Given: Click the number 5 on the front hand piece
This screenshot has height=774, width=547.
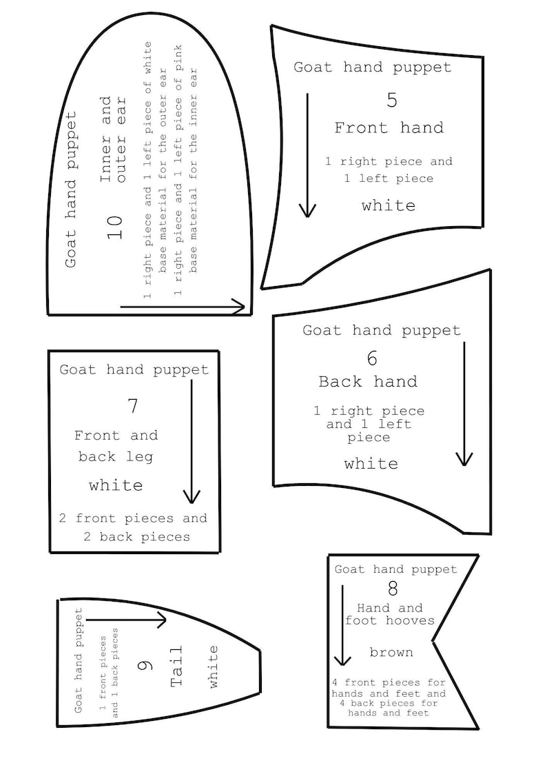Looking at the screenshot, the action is click(x=391, y=100).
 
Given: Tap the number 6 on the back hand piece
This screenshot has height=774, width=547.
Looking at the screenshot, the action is click(x=373, y=358).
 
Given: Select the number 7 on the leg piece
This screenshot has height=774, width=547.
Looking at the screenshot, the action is click(x=133, y=406).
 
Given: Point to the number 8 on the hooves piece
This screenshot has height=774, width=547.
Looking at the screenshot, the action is click(x=393, y=589).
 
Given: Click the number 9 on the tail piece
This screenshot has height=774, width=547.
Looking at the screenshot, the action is click(x=145, y=665).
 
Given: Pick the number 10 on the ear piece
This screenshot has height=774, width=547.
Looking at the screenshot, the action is click(x=115, y=227).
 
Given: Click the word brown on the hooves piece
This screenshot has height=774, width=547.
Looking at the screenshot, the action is click(x=391, y=653).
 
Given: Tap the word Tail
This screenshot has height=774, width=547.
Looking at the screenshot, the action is click(x=176, y=666).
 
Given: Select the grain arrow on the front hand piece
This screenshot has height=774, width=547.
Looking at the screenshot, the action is click(x=307, y=156).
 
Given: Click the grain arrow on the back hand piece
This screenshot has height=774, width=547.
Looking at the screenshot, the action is click(x=464, y=404).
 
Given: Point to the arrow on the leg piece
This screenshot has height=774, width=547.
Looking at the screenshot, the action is click(x=192, y=441).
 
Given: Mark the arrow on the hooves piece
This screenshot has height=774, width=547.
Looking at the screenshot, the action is click(x=342, y=625).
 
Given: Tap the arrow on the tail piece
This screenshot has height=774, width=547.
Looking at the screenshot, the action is click(x=127, y=620).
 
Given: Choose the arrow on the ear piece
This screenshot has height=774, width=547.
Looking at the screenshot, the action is click(x=183, y=307).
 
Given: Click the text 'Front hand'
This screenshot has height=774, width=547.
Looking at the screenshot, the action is click(x=389, y=128).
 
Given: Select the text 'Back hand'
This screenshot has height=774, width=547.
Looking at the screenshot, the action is click(x=368, y=382).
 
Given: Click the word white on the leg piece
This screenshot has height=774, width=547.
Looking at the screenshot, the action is click(x=116, y=486).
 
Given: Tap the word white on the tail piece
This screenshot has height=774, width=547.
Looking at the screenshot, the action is click(x=213, y=666).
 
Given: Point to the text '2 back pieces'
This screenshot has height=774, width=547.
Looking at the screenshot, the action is click(x=136, y=537).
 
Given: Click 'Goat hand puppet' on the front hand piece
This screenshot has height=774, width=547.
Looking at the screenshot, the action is click(x=373, y=67).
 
